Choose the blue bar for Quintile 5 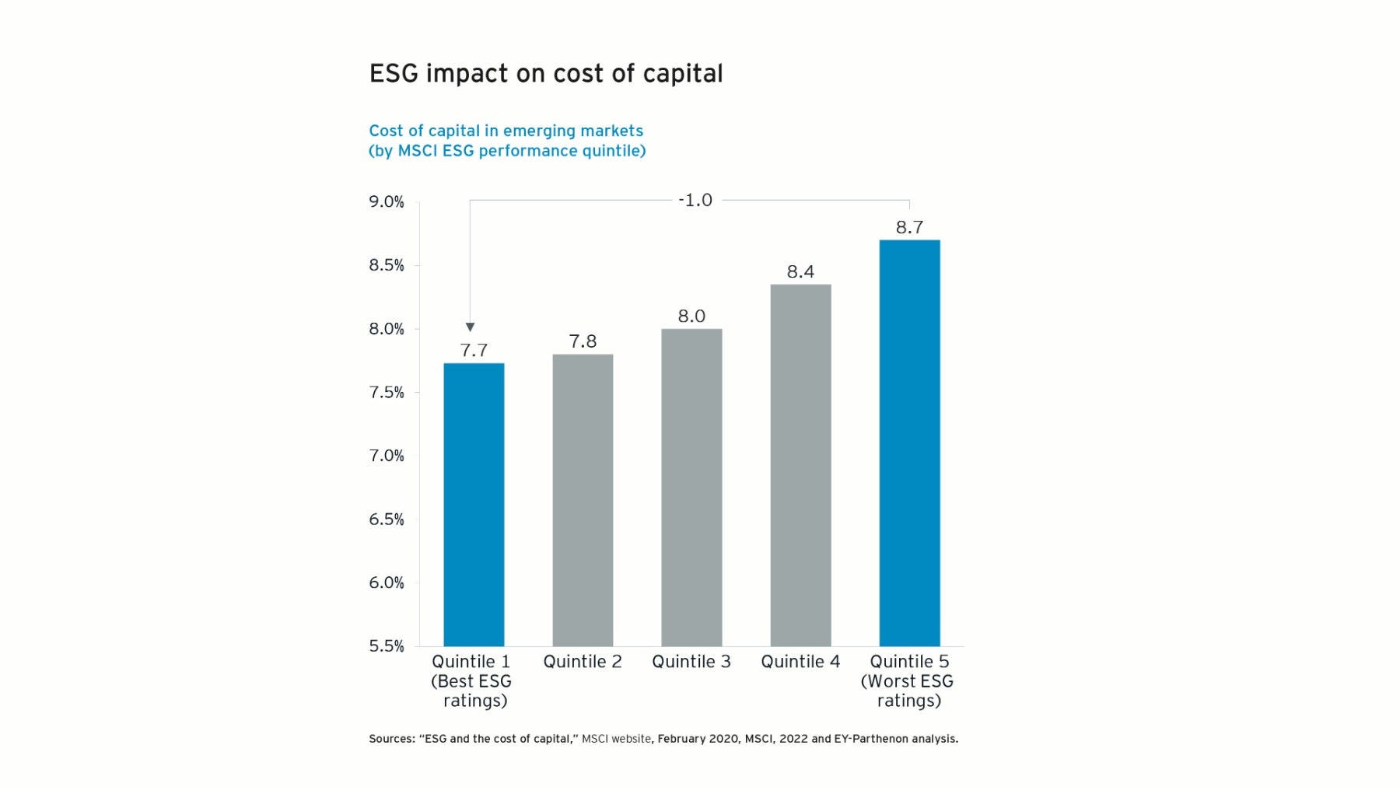(x=909, y=442)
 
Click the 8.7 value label (x=909, y=227)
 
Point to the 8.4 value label (x=800, y=271)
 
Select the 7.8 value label (x=583, y=341)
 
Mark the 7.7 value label (x=474, y=351)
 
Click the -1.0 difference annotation (x=695, y=201)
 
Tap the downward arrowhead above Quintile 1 (x=470, y=327)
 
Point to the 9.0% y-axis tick (x=387, y=202)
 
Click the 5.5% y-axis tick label (x=387, y=646)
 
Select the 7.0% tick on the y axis (x=387, y=456)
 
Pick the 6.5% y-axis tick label (x=387, y=519)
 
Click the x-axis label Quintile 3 (x=691, y=662)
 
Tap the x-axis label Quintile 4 (x=800, y=662)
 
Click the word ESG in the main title (x=394, y=74)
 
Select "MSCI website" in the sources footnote (x=616, y=739)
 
